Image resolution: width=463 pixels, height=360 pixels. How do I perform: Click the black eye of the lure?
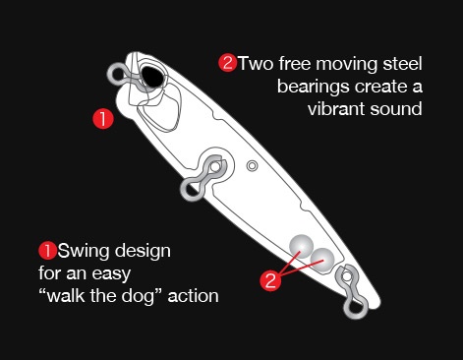pyautogui.click(x=152, y=77)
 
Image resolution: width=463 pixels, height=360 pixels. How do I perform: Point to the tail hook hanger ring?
pyautogui.click(x=356, y=308)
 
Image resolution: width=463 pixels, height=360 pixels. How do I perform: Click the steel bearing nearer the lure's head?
pyautogui.click(x=302, y=246)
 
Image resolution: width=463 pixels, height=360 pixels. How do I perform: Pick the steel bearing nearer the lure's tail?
pyautogui.click(x=322, y=260)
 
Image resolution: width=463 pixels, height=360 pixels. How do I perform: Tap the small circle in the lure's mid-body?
pyautogui.click(x=252, y=166)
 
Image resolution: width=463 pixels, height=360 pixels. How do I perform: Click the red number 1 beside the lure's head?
pyautogui.click(x=103, y=119)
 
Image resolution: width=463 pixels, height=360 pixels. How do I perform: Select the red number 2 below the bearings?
pyautogui.click(x=270, y=281)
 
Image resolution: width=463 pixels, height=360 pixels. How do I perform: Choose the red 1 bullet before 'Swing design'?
pyautogui.click(x=48, y=251)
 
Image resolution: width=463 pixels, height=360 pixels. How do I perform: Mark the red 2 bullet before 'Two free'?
pyautogui.click(x=228, y=63)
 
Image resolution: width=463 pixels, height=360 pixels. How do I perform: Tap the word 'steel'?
pyautogui.click(x=402, y=63)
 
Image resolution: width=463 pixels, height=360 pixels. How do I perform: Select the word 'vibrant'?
pyautogui.click(x=336, y=108)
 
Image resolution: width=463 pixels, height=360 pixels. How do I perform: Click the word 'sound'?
pyautogui.click(x=396, y=108)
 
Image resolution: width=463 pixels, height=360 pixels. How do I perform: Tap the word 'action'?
pyautogui.click(x=193, y=296)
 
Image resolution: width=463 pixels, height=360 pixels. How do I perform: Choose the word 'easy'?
pyautogui.click(x=111, y=274)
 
